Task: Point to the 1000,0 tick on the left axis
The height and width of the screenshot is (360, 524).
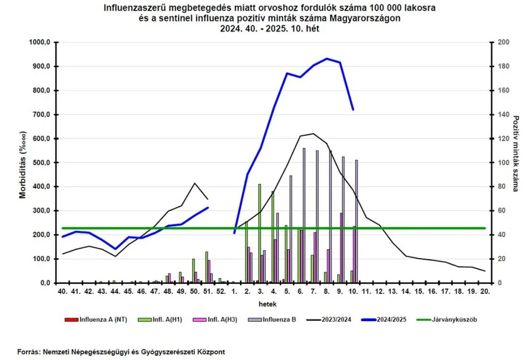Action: click(x=40, y=43)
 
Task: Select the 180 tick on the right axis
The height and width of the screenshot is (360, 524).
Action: click(x=501, y=67)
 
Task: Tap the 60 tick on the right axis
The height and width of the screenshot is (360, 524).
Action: click(x=499, y=211)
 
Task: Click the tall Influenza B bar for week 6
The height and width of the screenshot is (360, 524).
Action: click(x=304, y=215)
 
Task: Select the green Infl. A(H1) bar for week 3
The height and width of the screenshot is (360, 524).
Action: click(x=259, y=234)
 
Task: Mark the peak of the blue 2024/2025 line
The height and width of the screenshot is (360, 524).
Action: click(x=327, y=58)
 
